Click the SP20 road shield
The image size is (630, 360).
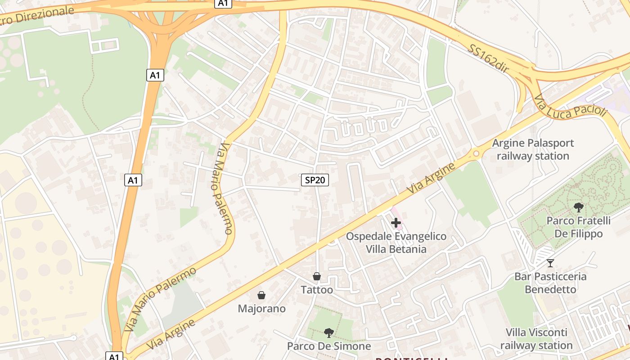(x=315, y=180)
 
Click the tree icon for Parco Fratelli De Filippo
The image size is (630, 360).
(x=579, y=207)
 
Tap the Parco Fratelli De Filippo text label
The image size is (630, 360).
(x=579, y=227)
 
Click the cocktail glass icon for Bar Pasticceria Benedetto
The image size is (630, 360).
(x=550, y=263)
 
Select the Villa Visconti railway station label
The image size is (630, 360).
(x=536, y=339)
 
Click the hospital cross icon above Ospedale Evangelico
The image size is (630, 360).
(x=396, y=223)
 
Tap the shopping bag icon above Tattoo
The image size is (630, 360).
(x=317, y=276)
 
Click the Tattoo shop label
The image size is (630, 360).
(x=317, y=290)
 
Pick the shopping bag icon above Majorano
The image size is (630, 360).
(x=261, y=295)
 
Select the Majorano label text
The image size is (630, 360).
(x=261, y=309)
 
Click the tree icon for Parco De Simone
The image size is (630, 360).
(x=329, y=333)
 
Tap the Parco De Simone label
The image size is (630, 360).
(x=329, y=346)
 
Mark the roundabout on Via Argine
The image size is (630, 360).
(x=476, y=154)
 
